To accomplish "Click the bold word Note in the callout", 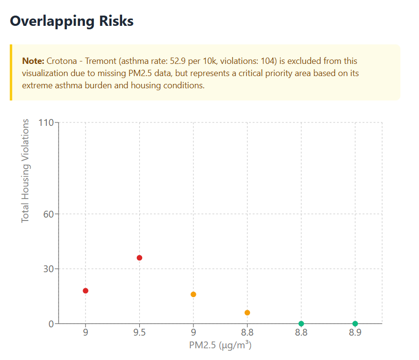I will [33, 61].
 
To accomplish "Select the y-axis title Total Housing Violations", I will [25, 171].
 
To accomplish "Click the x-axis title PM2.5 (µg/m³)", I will [220, 345].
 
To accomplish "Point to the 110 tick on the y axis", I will [46, 122].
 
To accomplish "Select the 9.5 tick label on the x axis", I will [140, 335].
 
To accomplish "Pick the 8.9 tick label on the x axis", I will [355, 335].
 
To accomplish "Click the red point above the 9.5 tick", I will [140, 258].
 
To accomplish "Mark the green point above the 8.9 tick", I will [355, 323].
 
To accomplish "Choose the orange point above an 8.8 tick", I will [247, 313].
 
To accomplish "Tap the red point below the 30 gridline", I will [85, 291].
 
